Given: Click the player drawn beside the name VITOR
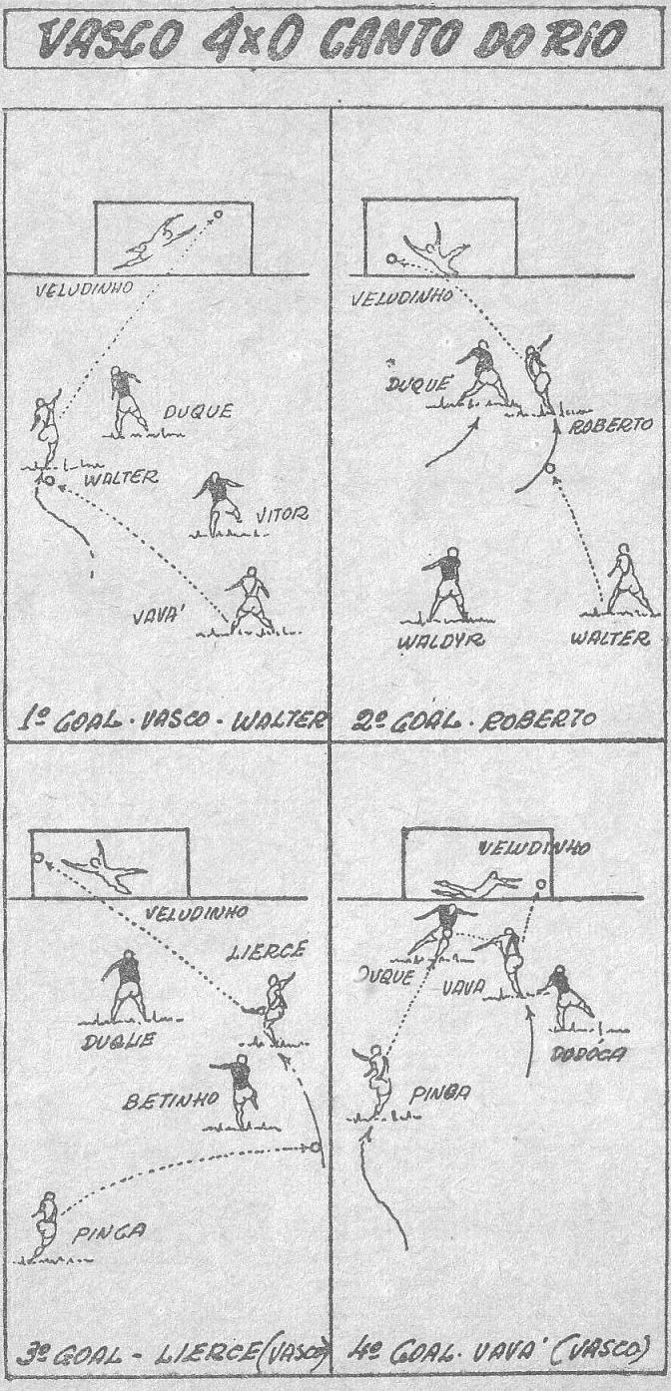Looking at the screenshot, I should click(218, 503).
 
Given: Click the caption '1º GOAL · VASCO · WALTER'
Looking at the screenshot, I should click(169, 720).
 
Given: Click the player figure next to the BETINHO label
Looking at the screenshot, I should click(241, 1090).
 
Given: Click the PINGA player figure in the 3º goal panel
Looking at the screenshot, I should click(44, 1224).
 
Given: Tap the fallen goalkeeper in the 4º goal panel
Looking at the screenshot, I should click(477, 884).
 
